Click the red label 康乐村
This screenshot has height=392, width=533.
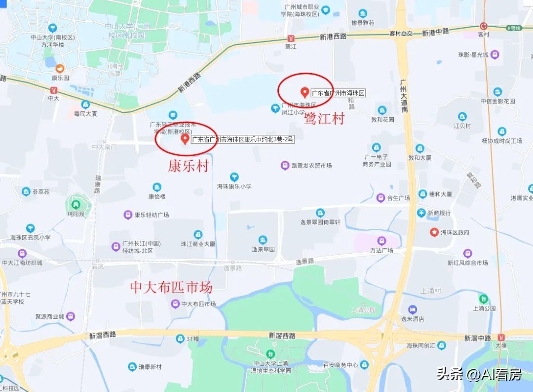(x=189, y=166)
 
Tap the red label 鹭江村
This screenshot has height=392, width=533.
(x=324, y=119)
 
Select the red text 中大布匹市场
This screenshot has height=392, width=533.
(x=171, y=287)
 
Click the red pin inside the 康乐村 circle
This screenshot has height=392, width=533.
(x=185, y=139)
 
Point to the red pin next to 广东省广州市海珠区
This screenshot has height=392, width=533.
(x=305, y=92)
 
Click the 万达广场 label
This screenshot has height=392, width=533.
(x=381, y=250)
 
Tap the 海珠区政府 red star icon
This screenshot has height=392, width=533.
(x=434, y=232)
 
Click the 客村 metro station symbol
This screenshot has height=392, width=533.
(x=483, y=26)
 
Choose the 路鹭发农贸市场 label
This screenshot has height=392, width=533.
(x=311, y=166)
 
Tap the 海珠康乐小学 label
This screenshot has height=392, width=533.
(x=234, y=186)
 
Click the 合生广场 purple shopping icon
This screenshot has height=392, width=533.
(x=381, y=198)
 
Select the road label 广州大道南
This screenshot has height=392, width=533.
(x=404, y=96)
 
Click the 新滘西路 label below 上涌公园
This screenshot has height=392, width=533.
(x=282, y=336)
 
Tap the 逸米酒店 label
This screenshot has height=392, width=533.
(x=413, y=319)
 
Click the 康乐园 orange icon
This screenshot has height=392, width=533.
(x=60, y=68)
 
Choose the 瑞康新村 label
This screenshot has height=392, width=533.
(x=150, y=367)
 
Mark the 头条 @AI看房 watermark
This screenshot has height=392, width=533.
(x=479, y=375)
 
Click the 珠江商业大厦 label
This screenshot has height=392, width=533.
(x=198, y=244)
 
